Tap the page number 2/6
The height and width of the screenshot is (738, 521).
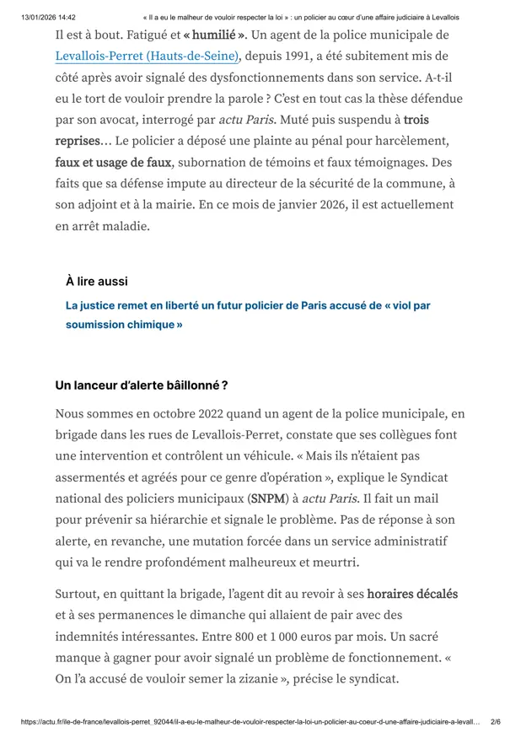495,722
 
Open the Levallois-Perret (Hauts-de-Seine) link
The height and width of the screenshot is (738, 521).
148,57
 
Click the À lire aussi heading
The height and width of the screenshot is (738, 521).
97,281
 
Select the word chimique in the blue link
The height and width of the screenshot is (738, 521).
146,324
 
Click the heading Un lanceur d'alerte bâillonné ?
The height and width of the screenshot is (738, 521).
142,385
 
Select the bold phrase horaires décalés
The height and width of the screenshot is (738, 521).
412,594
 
